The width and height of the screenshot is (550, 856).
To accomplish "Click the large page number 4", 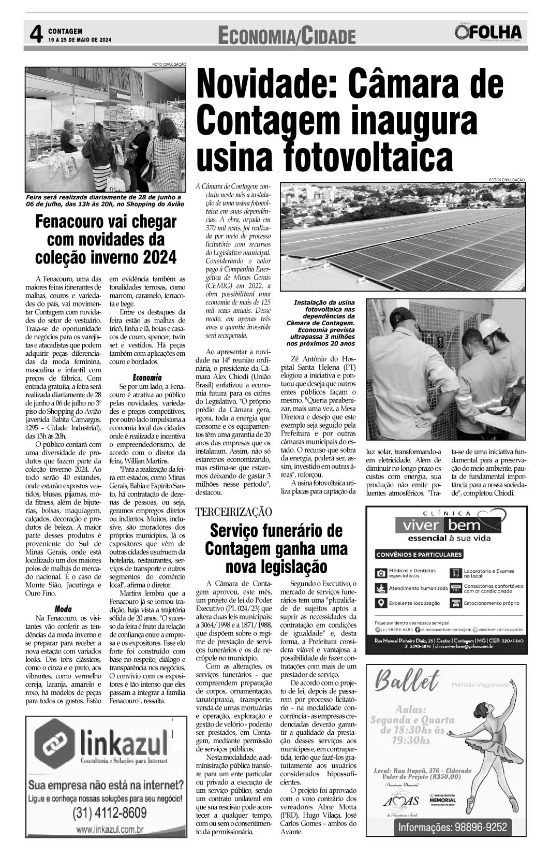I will coord(35,35).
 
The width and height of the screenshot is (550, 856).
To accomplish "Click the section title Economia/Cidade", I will coord(287,36).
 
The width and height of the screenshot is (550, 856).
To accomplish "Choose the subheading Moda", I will coord(63,609).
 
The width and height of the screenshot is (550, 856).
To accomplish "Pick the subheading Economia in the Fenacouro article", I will coord(147,378).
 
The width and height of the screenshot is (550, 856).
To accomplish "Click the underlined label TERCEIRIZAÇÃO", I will coord(233,512).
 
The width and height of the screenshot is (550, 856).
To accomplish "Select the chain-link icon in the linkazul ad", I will coord(53,746).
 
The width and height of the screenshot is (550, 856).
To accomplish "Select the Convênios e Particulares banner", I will coord(419,555).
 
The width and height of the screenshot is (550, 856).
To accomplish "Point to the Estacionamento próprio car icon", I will coord(456,603).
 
